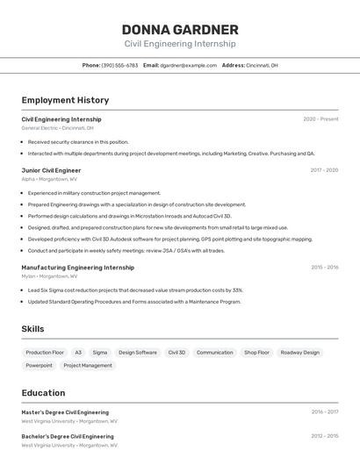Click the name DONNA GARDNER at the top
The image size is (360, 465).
[180, 29]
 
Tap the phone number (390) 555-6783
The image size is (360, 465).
[119, 65]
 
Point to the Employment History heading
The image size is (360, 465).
[65, 101]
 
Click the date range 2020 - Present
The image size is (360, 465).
[320, 119]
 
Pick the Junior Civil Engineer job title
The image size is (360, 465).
[51, 170]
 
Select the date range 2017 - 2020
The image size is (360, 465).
[324, 170]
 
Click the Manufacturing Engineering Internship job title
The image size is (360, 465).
[78, 268]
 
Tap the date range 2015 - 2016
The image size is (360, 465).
[324, 268]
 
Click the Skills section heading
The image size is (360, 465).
[33, 329]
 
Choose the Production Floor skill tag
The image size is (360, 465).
[45, 353]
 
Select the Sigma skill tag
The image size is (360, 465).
[100, 353]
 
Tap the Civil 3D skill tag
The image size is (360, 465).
[176, 353]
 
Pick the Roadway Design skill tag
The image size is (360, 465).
[299, 353]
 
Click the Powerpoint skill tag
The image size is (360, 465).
[40, 366]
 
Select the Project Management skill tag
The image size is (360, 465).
[88, 366]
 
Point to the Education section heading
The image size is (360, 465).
[43, 393]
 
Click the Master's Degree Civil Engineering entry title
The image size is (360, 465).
[65, 411]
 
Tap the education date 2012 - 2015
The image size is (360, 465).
[324, 435]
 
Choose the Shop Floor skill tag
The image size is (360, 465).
[256, 353]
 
